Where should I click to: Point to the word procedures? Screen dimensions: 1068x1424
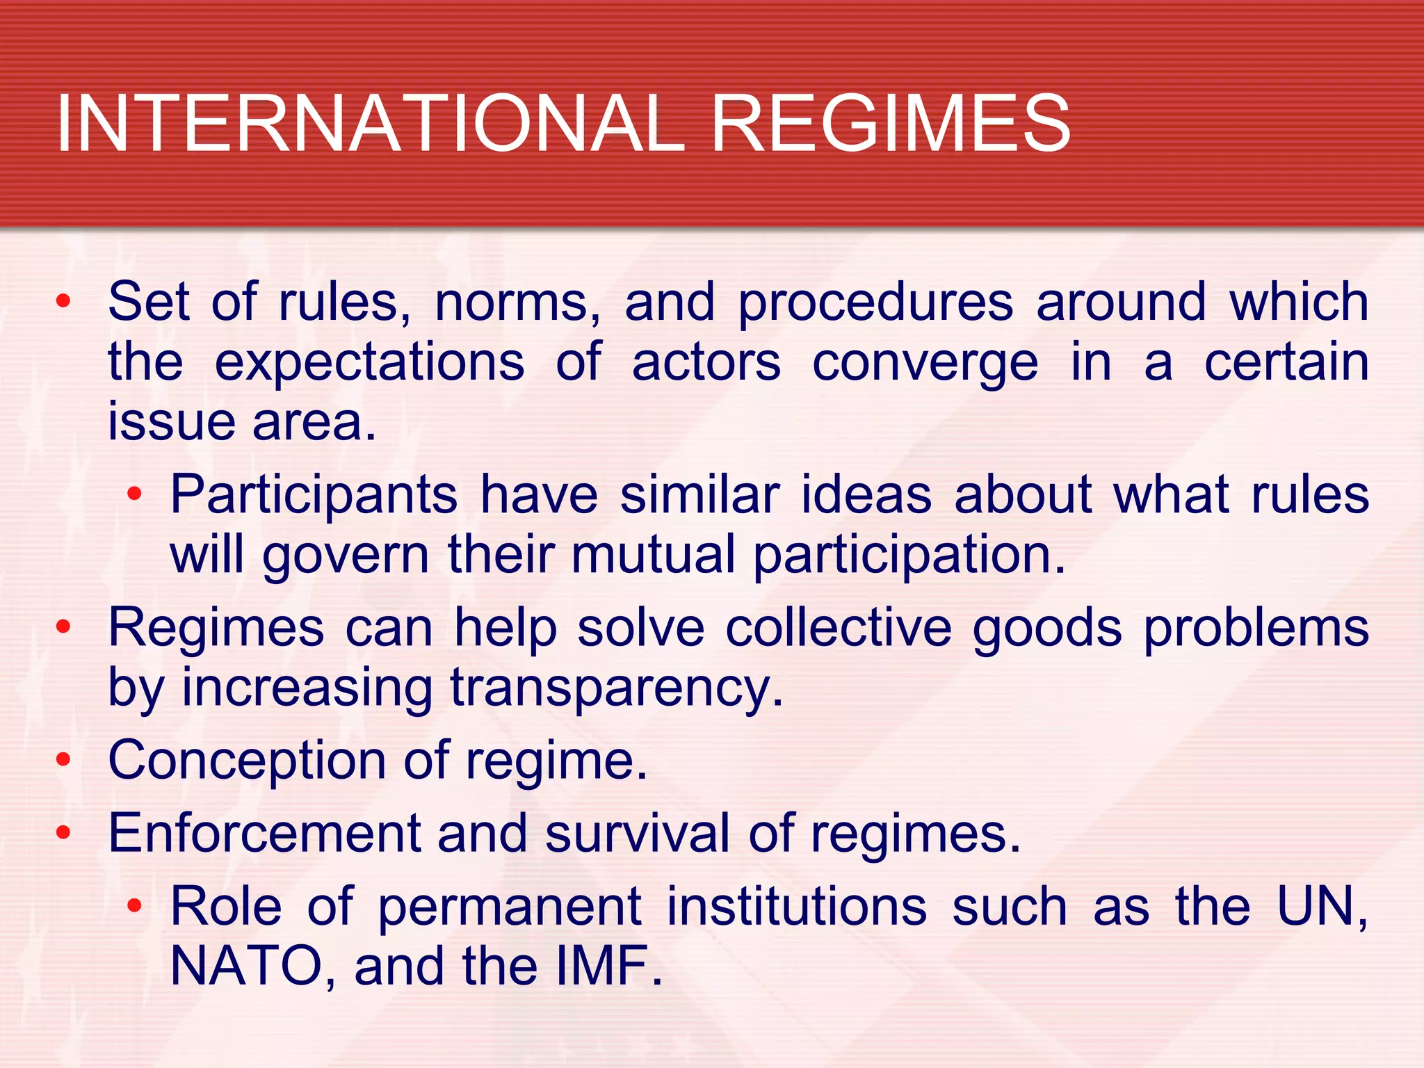point(875,304)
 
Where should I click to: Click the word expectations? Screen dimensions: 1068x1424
point(369,364)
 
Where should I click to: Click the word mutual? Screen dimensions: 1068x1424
point(653,555)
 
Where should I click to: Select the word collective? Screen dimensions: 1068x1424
point(839,628)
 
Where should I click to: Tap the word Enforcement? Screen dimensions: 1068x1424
point(265,833)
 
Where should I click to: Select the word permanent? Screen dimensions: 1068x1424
point(510,907)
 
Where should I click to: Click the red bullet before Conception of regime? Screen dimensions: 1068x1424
point(64,759)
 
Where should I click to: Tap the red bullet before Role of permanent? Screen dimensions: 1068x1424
point(134,905)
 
